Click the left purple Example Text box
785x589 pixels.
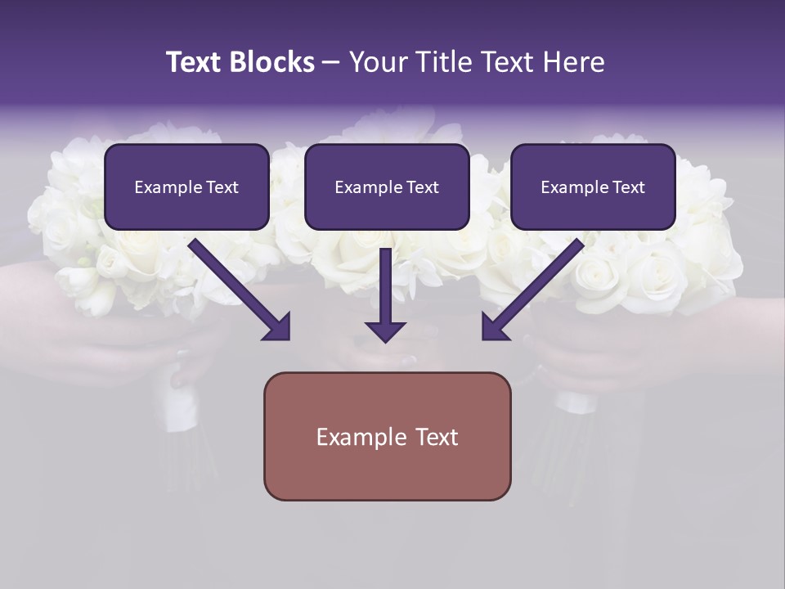pyautogui.click(x=186, y=187)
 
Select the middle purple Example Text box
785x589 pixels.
pyautogui.click(x=387, y=187)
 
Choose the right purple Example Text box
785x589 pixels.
pyautogui.click(x=593, y=187)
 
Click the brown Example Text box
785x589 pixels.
pyautogui.click(x=387, y=436)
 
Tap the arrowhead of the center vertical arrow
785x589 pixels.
pyautogui.click(x=385, y=331)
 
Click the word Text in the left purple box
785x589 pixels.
pyautogui.click(x=222, y=187)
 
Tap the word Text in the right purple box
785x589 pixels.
pyautogui.click(x=628, y=187)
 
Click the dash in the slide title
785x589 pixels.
pyautogui.click(x=331, y=63)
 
